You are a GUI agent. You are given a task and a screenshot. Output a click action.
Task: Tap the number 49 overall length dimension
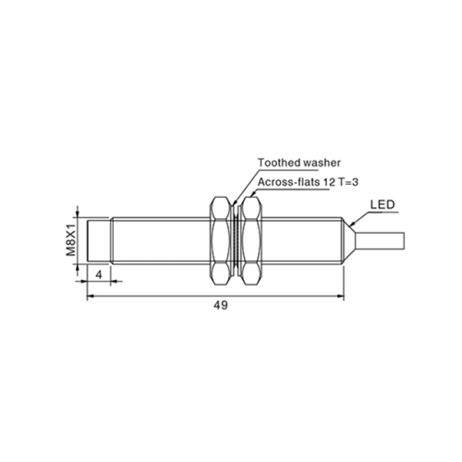(221, 305)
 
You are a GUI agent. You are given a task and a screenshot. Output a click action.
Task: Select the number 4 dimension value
(99, 274)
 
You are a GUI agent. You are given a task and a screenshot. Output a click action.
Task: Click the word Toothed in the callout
(278, 163)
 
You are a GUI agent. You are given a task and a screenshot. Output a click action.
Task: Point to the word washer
(322, 163)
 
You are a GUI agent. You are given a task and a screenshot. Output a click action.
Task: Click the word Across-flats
(288, 182)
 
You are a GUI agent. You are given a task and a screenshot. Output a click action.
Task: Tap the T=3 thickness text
(348, 182)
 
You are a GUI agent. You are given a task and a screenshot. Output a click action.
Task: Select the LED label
(383, 205)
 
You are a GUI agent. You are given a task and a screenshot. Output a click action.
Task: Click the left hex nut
(220, 240)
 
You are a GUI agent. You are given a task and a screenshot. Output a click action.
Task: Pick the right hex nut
(251, 240)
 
